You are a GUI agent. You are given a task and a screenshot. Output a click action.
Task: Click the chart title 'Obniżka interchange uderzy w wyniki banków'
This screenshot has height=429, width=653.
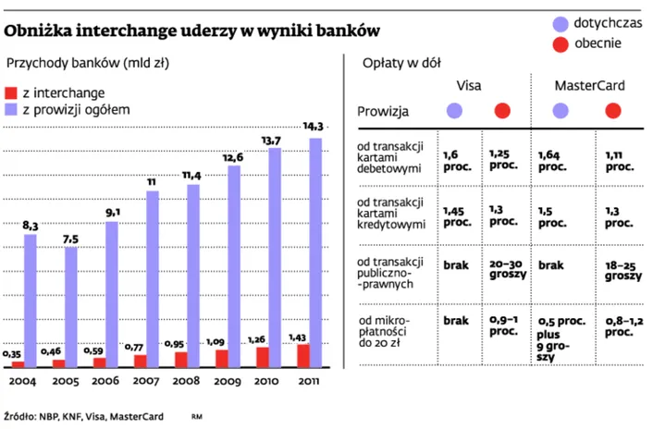(x=193, y=30)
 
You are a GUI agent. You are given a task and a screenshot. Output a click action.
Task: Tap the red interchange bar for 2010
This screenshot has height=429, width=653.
(x=263, y=356)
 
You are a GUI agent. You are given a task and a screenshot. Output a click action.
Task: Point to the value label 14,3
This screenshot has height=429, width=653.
(x=314, y=127)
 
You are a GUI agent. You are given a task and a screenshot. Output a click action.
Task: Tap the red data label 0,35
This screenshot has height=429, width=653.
(x=12, y=354)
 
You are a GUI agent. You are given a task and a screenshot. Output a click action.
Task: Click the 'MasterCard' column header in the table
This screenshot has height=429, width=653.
(x=589, y=85)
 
